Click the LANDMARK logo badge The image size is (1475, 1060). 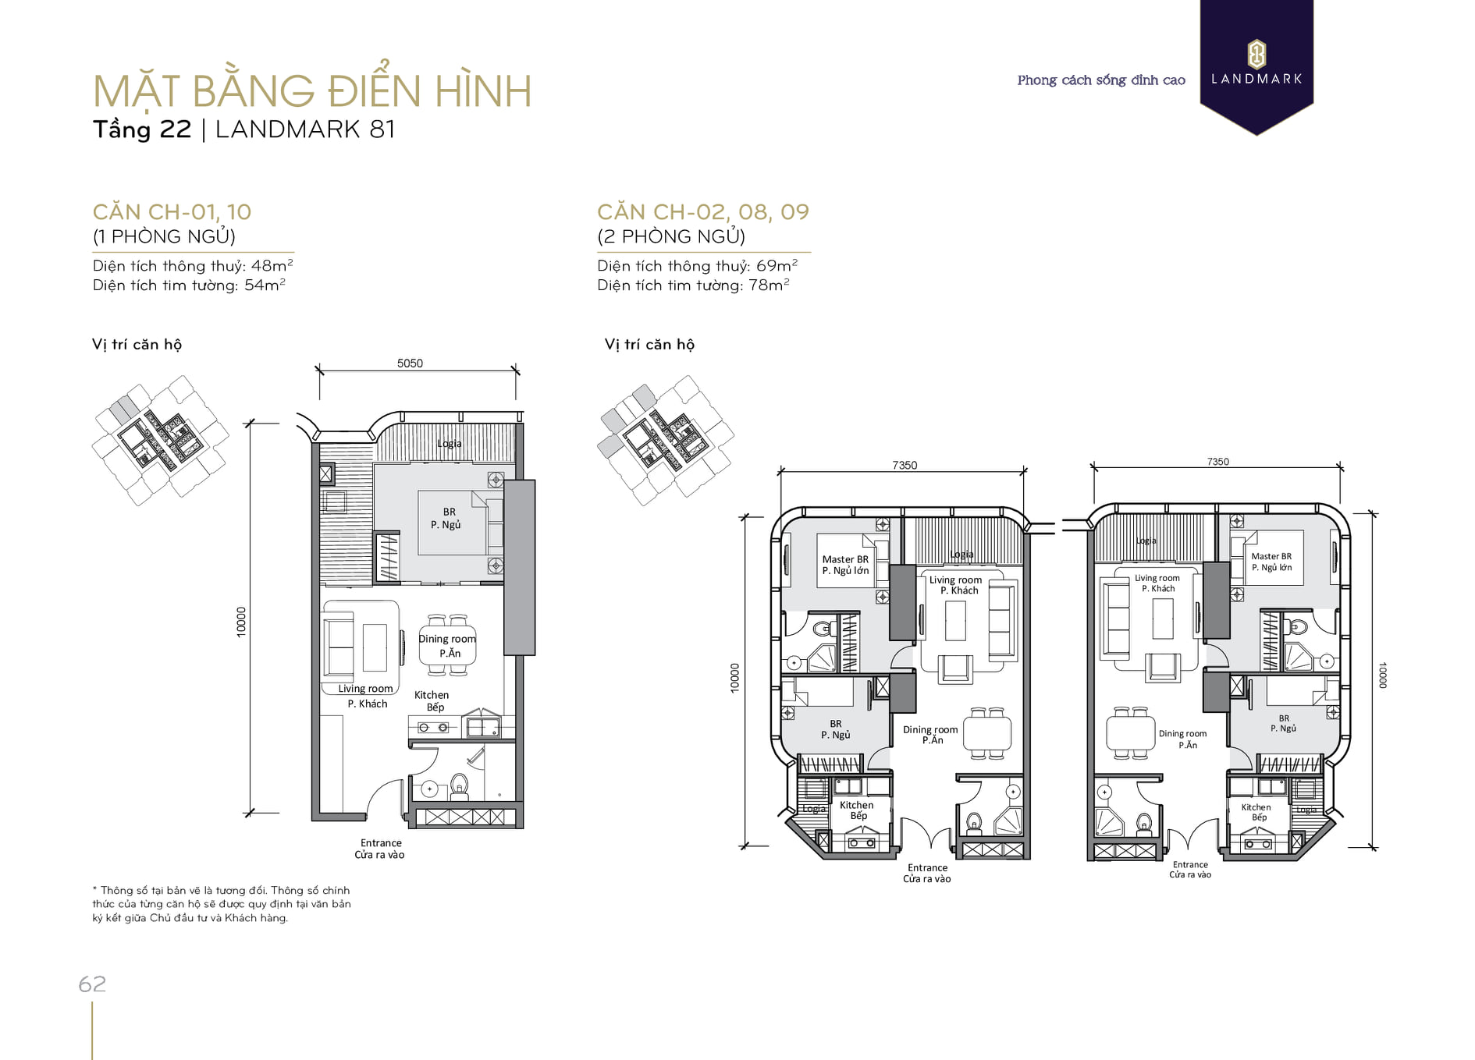pyautogui.click(x=1256, y=66)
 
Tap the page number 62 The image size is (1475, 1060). pyautogui.click(x=92, y=984)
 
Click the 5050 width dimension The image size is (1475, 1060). pyautogui.click(x=410, y=363)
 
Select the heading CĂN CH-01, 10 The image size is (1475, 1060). pyautogui.click(x=172, y=211)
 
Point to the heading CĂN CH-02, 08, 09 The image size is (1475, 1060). pyautogui.click(x=703, y=211)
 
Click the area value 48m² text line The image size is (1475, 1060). pyautogui.click(x=193, y=265)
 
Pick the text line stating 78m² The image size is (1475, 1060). pyautogui.click(x=693, y=285)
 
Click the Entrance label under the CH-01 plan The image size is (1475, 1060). pyautogui.click(x=380, y=849)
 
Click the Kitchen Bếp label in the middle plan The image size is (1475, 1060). pyautogui.click(x=857, y=810)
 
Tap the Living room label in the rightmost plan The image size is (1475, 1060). pyautogui.click(x=1157, y=583)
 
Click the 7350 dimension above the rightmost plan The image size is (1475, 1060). pyautogui.click(x=1218, y=462)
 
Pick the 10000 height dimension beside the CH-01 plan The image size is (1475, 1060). pyautogui.click(x=241, y=622)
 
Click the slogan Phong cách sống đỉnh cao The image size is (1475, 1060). pyautogui.click(x=1101, y=80)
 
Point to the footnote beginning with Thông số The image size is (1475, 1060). pyautogui.click(x=222, y=904)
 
